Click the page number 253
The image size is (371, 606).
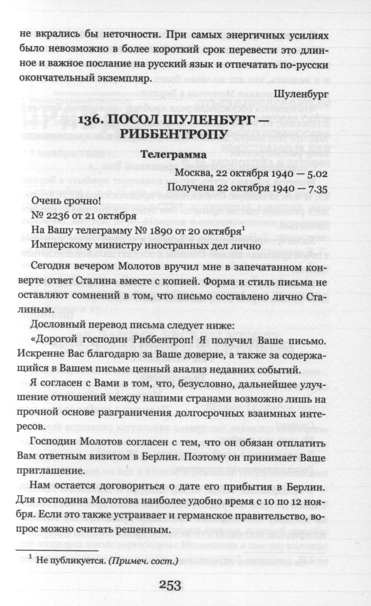(170, 585)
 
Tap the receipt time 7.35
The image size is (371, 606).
(317, 188)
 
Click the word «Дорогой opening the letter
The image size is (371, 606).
(55, 341)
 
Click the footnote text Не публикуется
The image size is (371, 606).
(71, 560)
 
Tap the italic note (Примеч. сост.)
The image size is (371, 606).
(143, 560)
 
